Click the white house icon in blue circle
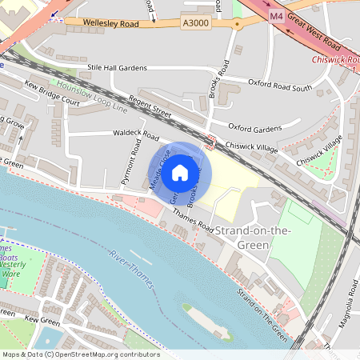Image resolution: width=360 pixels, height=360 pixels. [x=180, y=172]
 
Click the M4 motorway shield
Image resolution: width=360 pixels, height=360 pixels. [x=276, y=16]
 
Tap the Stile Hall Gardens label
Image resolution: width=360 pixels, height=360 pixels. [x=119, y=69]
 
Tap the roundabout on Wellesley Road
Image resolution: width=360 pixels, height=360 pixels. [x=237, y=24]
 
